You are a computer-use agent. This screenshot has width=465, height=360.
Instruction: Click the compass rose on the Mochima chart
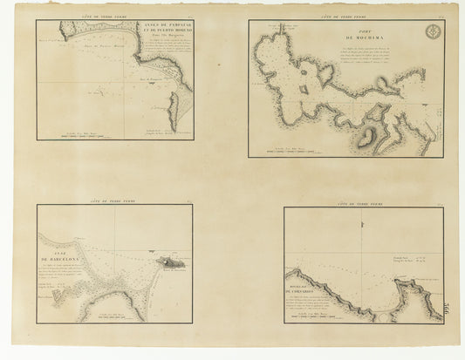[432, 34]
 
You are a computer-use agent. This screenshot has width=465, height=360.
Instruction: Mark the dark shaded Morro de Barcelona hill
[166, 261]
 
